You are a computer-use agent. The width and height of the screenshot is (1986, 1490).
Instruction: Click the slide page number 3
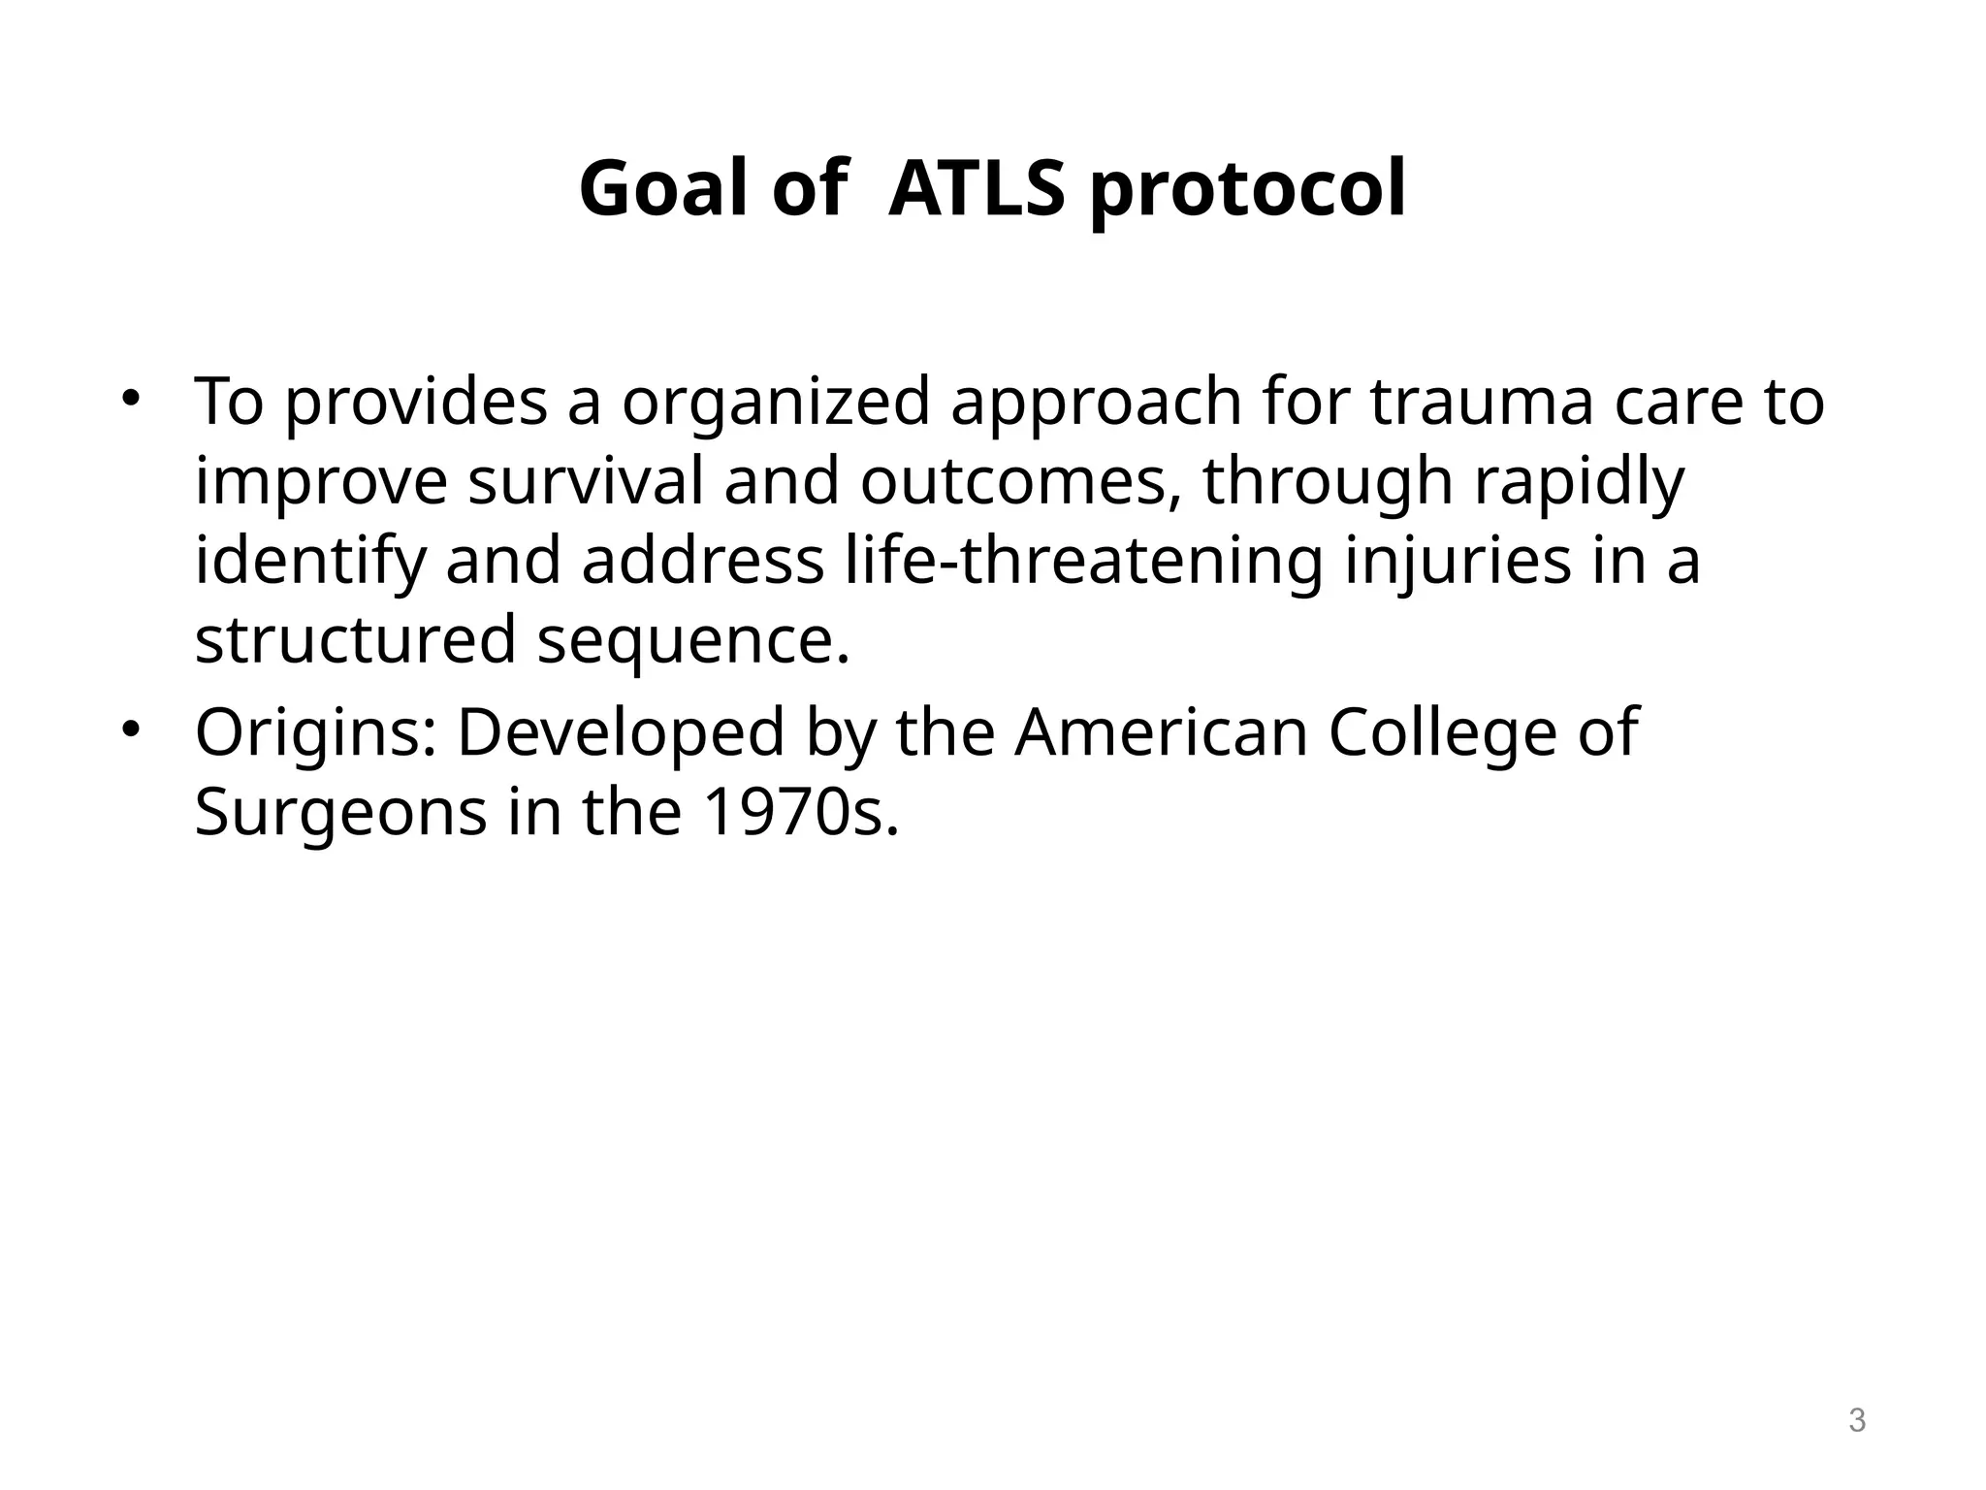point(1856,1420)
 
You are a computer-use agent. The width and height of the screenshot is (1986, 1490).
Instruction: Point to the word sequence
point(692,642)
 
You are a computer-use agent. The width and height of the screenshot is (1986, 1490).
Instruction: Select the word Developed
point(621,733)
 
